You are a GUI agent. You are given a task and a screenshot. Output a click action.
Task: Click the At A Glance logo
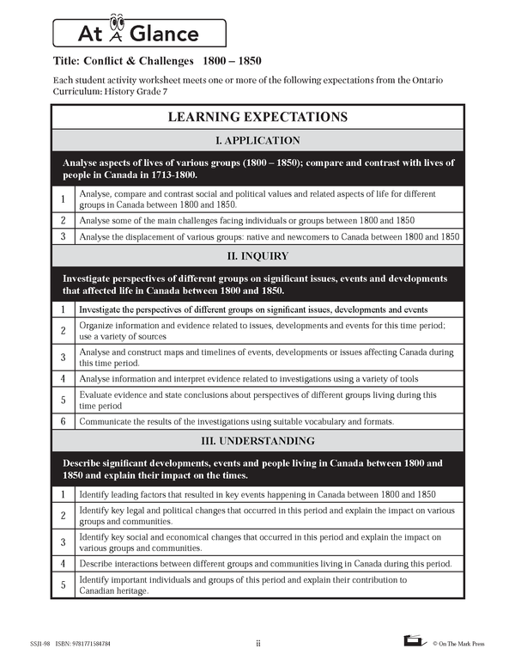pyautogui.click(x=140, y=33)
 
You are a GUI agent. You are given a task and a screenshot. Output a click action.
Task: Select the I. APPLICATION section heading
pyautogui.click(x=257, y=140)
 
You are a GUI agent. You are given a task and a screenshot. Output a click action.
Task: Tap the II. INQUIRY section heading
pyautogui.click(x=257, y=256)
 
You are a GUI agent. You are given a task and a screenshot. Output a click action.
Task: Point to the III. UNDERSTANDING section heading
pyautogui.click(x=257, y=441)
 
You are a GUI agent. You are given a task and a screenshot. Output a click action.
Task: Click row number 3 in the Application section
pyautogui.click(x=63, y=236)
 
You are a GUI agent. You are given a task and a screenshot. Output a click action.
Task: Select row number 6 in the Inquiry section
pyautogui.click(x=63, y=421)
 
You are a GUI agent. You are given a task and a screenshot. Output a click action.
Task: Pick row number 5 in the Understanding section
pyautogui.click(x=63, y=585)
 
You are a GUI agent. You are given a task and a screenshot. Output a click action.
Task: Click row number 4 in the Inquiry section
pyautogui.click(x=63, y=377)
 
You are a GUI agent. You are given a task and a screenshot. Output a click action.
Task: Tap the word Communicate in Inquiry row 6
pyautogui.click(x=106, y=421)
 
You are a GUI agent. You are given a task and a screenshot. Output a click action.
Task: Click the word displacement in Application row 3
pyautogui.click(x=165, y=236)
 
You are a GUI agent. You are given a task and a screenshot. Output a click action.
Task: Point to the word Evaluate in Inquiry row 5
pyautogui.click(x=97, y=395)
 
